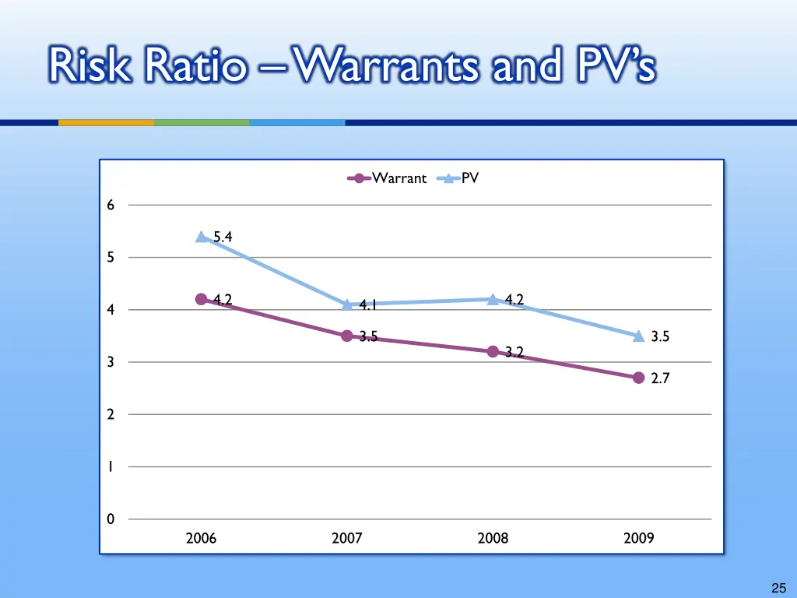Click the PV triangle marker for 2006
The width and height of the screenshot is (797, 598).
pos(202,237)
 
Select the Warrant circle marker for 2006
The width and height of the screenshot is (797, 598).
pos(202,300)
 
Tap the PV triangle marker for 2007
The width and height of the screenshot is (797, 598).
pos(347,304)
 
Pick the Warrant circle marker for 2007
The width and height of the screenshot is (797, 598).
pos(347,336)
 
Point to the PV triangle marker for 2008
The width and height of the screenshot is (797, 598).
pos(493,299)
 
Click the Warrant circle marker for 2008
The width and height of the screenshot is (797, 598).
pos(493,351)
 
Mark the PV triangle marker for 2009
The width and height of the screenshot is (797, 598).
pos(638,336)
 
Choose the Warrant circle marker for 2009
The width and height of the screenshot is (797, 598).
pos(638,378)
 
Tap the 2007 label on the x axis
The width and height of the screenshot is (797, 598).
pos(347,538)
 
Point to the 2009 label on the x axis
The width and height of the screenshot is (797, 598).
pos(638,538)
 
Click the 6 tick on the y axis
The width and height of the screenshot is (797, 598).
pos(111,206)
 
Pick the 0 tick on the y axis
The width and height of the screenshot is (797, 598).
pos(111,519)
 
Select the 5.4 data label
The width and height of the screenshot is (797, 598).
pos(223,237)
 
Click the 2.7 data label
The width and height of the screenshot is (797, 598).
pos(660,378)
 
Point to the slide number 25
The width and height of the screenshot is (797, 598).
pos(778,589)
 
